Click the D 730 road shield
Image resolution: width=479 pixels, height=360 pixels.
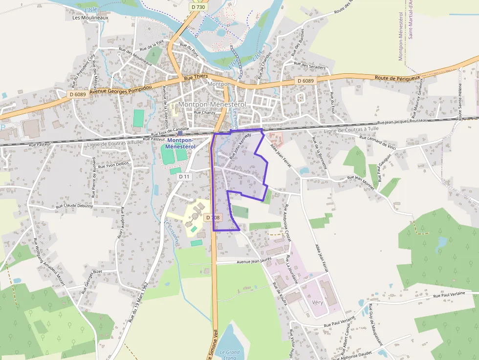pyautogui.click(x=198, y=7)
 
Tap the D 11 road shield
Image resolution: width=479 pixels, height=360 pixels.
pyautogui.click(x=184, y=176)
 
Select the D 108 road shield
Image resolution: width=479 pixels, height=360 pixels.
pyautogui.click(x=213, y=217)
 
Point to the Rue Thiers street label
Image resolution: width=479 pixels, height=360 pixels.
pyautogui.click(x=196, y=77)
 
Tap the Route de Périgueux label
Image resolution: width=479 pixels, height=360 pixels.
pyautogui.click(x=397, y=78)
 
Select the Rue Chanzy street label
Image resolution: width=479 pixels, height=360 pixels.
pyautogui.click(x=204, y=112)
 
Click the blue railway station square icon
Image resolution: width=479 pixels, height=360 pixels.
pyautogui.click(x=180, y=133)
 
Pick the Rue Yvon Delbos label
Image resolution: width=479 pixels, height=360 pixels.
pyautogui.click(x=113, y=165)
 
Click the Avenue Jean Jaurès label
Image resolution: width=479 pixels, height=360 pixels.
pyautogui.click(x=254, y=261)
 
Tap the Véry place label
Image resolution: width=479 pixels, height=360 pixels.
pyautogui.click(x=317, y=302)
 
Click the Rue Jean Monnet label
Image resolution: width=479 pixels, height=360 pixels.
pyautogui.click(x=361, y=183)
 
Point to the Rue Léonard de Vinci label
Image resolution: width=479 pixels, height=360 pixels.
pyautogui.click(x=377, y=142)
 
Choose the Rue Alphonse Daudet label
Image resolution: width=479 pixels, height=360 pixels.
pyautogui.click(x=355, y=355)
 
